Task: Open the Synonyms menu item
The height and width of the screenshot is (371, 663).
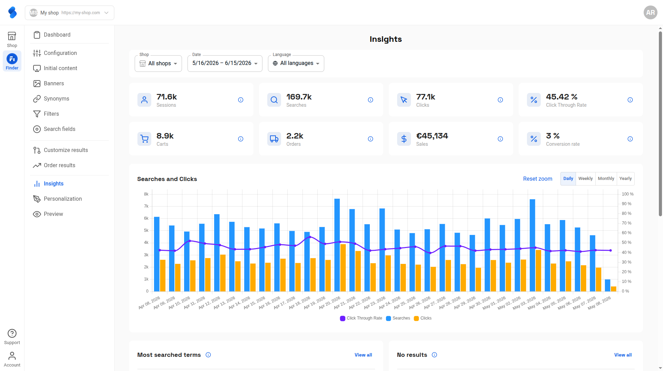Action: tap(56, 99)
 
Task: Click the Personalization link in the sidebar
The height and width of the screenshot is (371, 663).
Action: tap(63, 199)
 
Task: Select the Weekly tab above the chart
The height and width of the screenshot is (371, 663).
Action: tap(585, 179)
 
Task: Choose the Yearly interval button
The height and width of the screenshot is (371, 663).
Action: tap(625, 179)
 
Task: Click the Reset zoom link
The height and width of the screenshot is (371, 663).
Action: tap(537, 179)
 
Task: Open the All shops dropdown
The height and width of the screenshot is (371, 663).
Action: tap(158, 64)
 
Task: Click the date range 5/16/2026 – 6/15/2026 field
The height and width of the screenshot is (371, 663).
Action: tap(225, 64)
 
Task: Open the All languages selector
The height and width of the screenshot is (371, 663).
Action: tap(296, 64)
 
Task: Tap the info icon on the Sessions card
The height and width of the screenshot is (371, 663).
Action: tap(241, 100)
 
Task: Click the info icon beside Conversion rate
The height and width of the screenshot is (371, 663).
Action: tap(630, 139)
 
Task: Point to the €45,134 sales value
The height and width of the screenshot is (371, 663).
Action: tap(432, 136)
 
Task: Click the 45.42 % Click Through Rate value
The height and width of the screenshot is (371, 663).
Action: tap(561, 97)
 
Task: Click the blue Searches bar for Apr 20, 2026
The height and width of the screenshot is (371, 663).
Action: tap(337, 245)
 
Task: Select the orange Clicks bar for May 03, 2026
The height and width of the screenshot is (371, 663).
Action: tap(538, 270)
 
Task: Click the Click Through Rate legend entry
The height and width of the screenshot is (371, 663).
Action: tap(361, 318)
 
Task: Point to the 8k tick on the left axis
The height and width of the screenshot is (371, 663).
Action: tap(146, 194)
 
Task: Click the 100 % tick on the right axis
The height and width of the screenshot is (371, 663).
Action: tap(627, 194)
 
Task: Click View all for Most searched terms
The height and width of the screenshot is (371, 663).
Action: tap(363, 355)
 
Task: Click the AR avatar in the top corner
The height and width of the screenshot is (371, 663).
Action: tap(650, 12)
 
